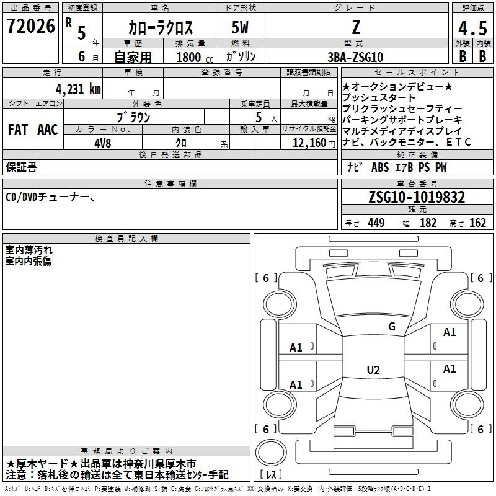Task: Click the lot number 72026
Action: (x=31, y=26)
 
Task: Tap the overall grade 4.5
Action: (x=472, y=28)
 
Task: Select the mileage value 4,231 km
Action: (x=79, y=89)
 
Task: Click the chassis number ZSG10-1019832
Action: (x=417, y=197)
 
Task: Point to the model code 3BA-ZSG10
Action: (x=355, y=57)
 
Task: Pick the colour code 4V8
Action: (x=103, y=143)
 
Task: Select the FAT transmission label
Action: (x=18, y=130)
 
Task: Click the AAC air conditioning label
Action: (x=48, y=130)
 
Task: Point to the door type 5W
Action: (x=240, y=27)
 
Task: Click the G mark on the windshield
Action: (x=392, y=327)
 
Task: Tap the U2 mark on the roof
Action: (x=373, y=370)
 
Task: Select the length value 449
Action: (x=376, y=223)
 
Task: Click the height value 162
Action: (x=477, y=223)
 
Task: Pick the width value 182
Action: (x=428, y=223)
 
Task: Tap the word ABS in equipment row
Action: (x=380, y=167)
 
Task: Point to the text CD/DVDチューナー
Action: (x=48, y=197)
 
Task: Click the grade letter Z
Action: (x=356, y=27)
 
